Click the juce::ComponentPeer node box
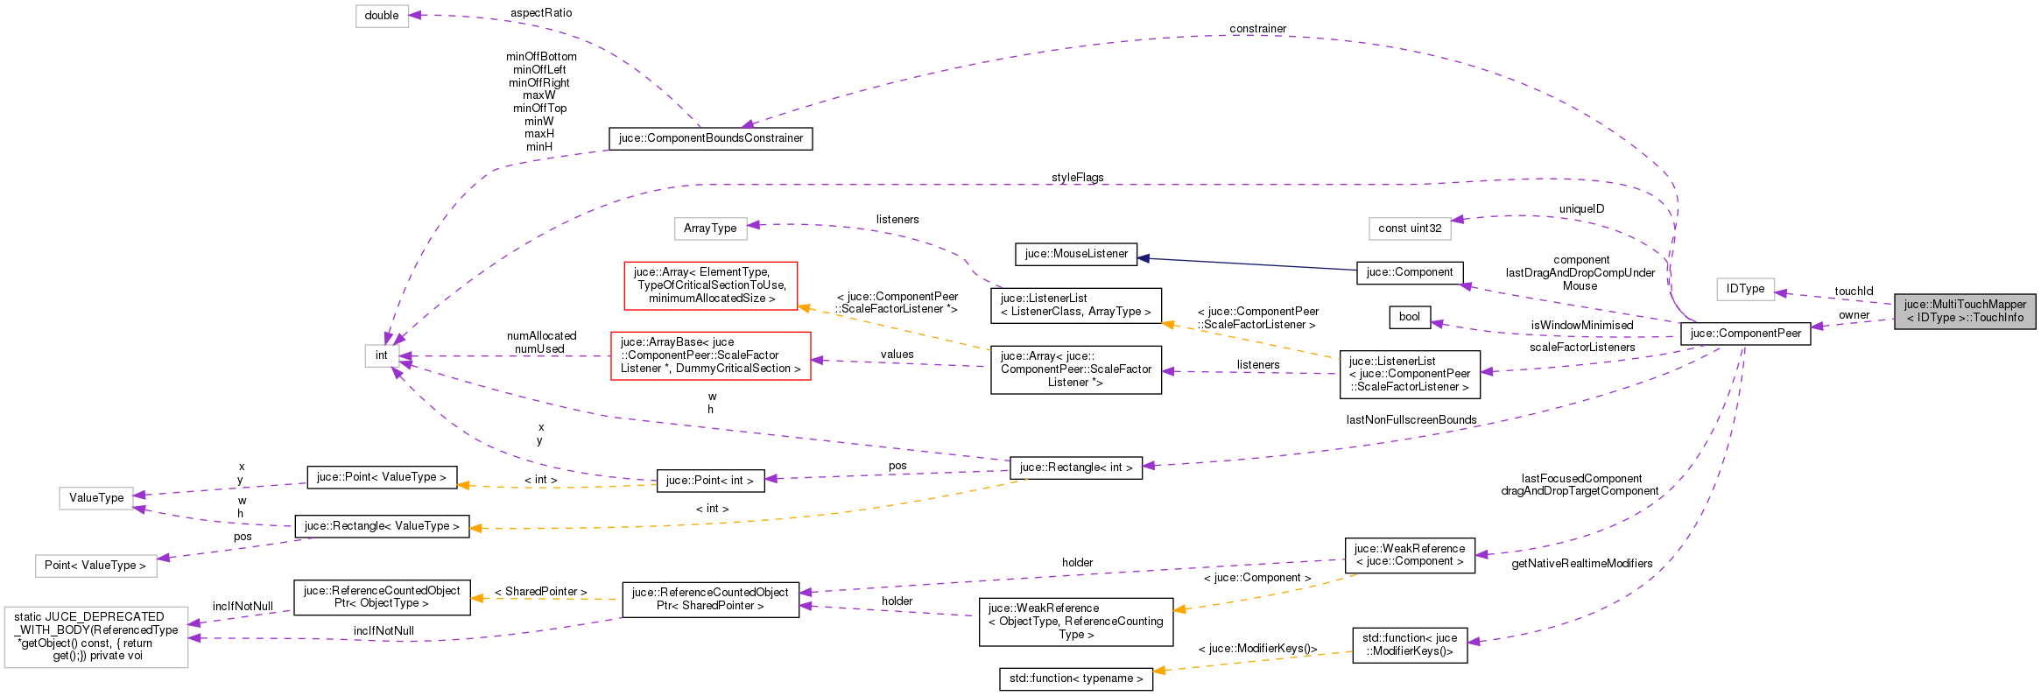1745,334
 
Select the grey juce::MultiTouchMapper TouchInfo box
1965,311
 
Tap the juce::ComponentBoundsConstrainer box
710,138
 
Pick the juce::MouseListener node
1076,254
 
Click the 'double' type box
382,16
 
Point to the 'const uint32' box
1410,228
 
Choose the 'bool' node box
1410,317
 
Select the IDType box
1745,289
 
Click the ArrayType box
710,228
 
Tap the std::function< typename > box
1076,678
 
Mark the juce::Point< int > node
710,481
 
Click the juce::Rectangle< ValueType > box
382,526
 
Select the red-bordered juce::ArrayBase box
710,355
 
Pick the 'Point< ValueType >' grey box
95,566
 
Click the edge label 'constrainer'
1257,29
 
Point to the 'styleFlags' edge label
1077,178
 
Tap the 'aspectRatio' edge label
541,13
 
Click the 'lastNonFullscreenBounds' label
1411,420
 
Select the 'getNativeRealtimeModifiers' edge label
1581,564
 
